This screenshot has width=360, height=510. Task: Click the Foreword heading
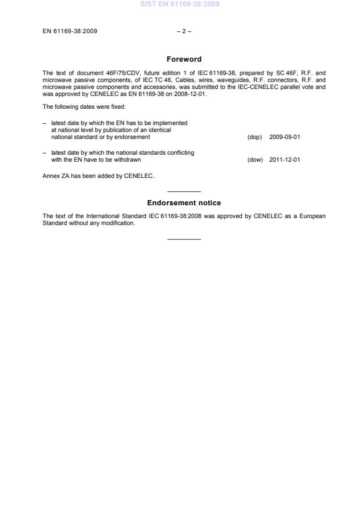(184, 59)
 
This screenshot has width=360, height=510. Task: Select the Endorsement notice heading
(184, 203)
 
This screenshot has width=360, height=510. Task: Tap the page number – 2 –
(184, 31)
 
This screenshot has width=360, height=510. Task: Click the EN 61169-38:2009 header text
(70, 31)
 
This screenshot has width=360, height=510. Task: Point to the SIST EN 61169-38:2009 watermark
(180, 4)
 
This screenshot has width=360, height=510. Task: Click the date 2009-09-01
(284, 137)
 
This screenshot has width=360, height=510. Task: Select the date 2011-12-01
(284, 159)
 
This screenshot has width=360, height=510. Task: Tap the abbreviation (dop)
(255, 137)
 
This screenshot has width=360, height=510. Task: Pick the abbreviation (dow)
(255, 159)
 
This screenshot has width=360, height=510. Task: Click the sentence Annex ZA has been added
(98, 176)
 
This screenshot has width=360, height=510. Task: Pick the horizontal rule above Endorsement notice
(184, 192)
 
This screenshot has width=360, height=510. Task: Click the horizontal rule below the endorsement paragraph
(184, 239)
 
